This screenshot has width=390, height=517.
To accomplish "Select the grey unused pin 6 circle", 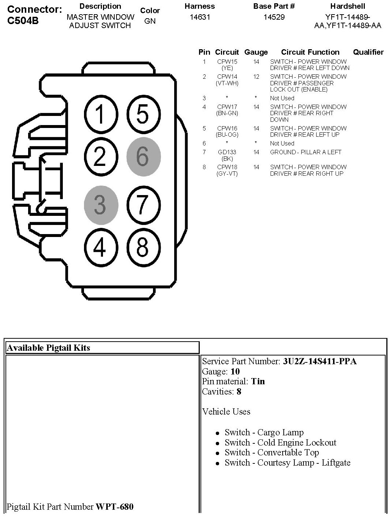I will click(143, 156).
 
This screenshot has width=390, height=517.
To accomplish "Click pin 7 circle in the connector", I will click(143, 205).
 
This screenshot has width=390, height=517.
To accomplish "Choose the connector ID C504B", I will click(23, 21).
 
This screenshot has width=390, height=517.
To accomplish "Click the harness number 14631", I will click(200, 17).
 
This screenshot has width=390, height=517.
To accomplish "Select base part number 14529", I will click(274, 17).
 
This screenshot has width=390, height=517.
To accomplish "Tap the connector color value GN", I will click(150, 21).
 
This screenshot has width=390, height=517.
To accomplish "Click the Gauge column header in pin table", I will click(256, 52).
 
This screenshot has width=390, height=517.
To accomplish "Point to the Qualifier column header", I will click(368, 52).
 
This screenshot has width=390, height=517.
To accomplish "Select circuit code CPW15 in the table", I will click(227, 62).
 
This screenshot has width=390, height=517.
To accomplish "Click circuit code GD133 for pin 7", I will click(227, 152).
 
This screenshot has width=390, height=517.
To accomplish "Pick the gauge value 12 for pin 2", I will click(256, 77).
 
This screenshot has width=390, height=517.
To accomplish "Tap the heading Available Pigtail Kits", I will click(48, 348).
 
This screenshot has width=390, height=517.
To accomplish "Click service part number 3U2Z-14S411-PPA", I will click(320, 361).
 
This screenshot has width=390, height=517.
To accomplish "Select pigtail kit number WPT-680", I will click(114, 506).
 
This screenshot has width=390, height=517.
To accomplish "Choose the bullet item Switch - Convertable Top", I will click(272, 452).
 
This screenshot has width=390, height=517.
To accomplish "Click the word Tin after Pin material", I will click(258, 381).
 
